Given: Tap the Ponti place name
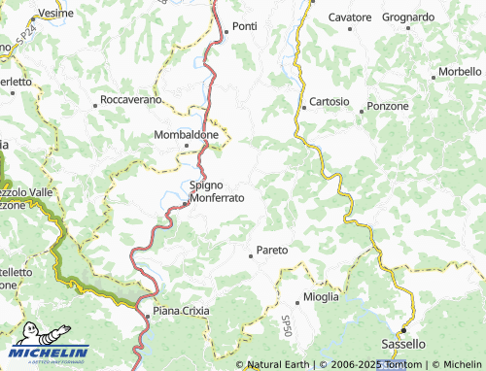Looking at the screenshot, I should [x=244, y=26].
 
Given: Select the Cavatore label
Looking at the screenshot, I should [x=350, y=17].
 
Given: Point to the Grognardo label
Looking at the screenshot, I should [x=408, y=17].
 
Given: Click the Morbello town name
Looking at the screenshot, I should [x=460, y=72].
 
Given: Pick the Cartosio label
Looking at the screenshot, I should [x=330, y=102].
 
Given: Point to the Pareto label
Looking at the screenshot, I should [x=273, y=250].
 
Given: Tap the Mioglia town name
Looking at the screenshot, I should [x=321, y=296].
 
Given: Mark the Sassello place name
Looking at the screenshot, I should [x=403, y=344].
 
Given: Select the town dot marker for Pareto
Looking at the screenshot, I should [x=252, y=256].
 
